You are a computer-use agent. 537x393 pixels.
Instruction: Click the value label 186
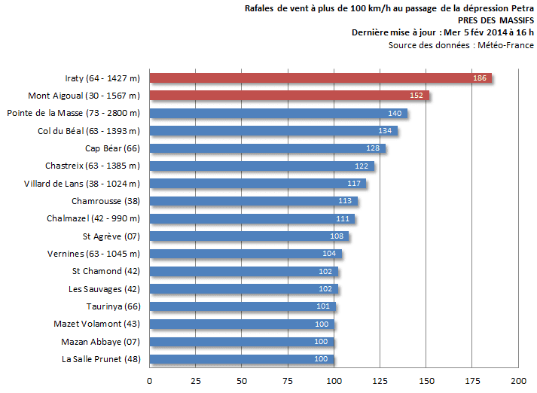[480, 78]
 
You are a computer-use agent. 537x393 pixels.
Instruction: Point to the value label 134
[385, 131]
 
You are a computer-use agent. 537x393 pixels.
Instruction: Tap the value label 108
[337, 236]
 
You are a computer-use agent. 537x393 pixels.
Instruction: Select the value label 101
[324, 306]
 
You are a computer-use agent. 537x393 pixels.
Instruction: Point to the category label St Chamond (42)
[106, 271]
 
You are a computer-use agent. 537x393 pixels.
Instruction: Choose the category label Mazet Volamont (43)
[97, 324]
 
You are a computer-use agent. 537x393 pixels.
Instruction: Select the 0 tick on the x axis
[149, 380]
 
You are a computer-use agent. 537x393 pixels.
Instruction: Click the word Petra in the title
[522, 8]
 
